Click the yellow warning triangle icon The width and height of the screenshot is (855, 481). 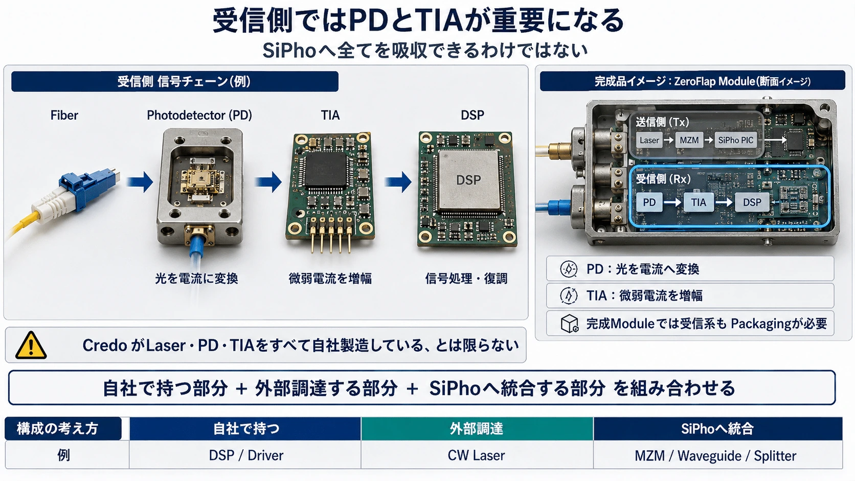31,345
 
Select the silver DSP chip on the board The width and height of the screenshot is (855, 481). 469,180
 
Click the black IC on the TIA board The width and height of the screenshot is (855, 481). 326,170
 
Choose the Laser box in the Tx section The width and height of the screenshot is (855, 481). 649,141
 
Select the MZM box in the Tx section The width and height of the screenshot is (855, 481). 689,141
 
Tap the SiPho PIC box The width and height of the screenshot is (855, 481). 735,141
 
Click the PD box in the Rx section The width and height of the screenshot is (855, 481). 649,202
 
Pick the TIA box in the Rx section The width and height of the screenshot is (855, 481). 698,202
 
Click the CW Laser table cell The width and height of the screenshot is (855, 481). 477,455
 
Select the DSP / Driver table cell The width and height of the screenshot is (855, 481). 246,455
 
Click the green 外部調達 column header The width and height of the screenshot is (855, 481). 477,428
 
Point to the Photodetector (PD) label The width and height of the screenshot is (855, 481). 199,115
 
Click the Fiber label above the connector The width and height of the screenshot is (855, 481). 64,115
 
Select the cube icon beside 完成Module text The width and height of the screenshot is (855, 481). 569,324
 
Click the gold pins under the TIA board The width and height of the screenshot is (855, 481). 331,235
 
